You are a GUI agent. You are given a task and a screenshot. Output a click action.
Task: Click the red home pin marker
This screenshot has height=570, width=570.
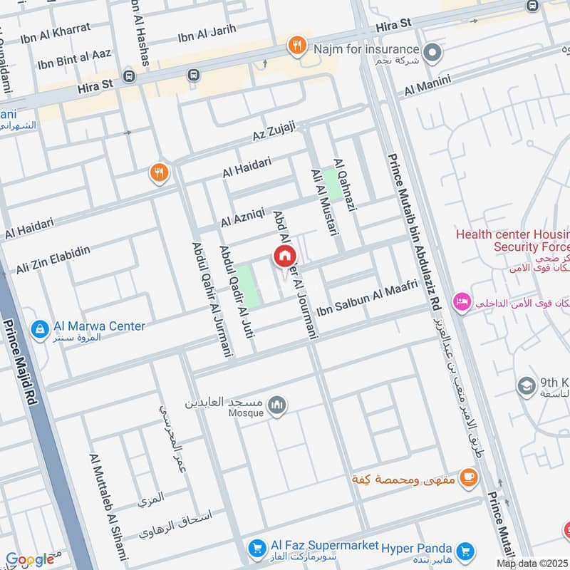coord(284,256)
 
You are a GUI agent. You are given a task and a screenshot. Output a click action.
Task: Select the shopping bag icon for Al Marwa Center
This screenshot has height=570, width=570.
coord(40,328)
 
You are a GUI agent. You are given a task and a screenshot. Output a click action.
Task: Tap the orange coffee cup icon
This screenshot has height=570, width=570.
coord(468,477)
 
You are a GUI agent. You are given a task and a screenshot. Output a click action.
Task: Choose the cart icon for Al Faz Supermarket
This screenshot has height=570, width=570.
coord(256,548)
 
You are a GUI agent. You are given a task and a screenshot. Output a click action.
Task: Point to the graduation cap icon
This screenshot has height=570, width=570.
coord(527,385)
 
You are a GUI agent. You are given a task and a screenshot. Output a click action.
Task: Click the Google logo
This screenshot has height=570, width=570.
coord(29,559)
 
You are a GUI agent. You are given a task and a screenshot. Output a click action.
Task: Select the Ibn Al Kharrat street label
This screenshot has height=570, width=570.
coord(56,29)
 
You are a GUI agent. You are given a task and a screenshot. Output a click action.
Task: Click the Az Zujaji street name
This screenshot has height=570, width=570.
coord(273,131)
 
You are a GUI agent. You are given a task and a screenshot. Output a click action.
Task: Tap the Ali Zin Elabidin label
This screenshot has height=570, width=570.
coord(53,260)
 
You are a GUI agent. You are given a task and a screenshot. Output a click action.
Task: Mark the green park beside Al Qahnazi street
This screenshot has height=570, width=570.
coord(331,184)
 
